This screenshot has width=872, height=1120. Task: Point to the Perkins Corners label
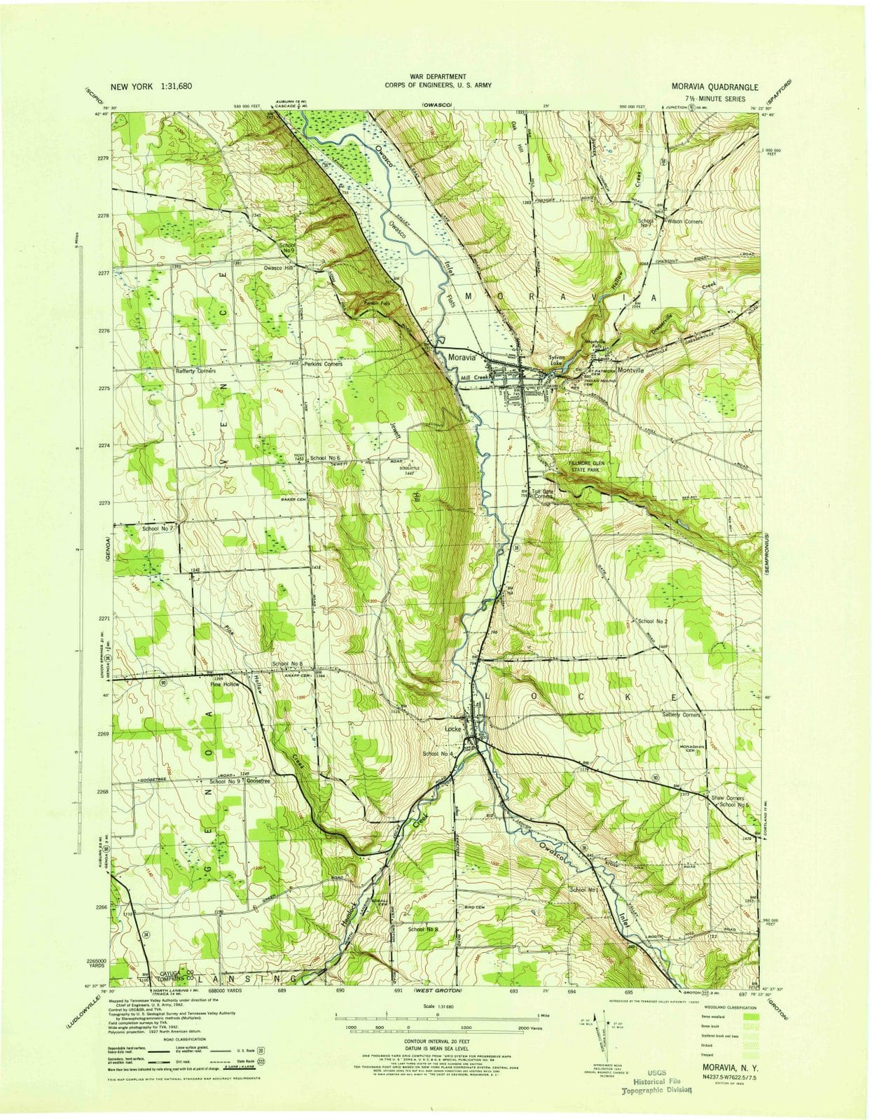tap(322, 364)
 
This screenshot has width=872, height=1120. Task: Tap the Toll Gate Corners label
tap(544, 493)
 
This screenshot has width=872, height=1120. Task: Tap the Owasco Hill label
tap(278, 268)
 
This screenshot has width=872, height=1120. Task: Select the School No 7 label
tap(158, 528)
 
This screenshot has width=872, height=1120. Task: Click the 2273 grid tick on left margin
tap(103, 503)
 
